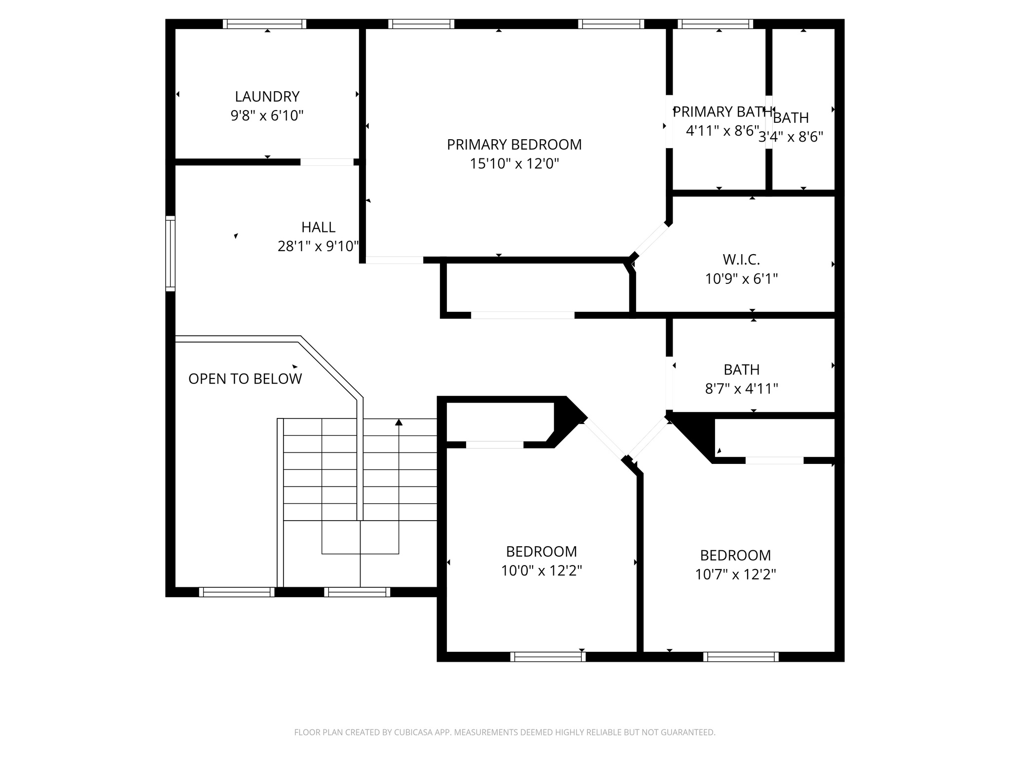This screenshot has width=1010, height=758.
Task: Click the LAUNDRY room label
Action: (267, 96)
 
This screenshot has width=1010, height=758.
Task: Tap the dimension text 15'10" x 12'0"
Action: (514, 164)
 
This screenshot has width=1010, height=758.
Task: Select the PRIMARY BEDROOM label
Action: (514, 145)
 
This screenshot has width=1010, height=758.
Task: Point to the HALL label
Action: (318, 227)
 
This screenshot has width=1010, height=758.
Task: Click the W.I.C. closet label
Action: (741, 260)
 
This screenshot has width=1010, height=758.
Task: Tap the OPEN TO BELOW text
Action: (245, 379)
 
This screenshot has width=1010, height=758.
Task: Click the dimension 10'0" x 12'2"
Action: (541, 571)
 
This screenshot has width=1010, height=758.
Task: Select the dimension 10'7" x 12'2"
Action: (735, 575)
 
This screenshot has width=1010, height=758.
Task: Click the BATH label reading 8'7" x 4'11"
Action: (741, 370)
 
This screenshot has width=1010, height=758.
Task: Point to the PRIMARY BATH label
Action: (722, 112)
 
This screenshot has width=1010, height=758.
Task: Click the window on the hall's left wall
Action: (170, 254)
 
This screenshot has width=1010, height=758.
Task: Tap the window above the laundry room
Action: (264, 24)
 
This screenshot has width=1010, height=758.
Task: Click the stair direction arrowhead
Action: (398, 422)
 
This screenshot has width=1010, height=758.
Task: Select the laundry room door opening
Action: (327, 162)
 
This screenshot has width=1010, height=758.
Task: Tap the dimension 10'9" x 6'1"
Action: (741, 279)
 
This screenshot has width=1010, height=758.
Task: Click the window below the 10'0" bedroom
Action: (547, 657)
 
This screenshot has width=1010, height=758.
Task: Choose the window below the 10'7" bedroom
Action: (741, 657)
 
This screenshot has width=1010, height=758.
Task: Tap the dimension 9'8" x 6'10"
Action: (267, 116)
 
